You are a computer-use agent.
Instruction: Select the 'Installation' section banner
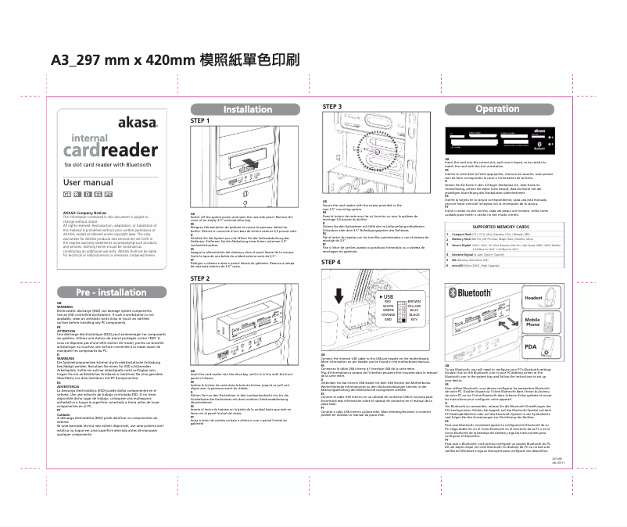pos(248,109)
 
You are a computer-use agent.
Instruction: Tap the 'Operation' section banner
pos(497,109)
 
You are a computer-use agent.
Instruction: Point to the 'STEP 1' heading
pos(201,121)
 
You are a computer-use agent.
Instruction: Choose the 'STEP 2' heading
pos(201,278)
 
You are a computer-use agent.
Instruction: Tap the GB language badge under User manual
pos(66,193)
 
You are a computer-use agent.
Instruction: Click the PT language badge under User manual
pos(108,193)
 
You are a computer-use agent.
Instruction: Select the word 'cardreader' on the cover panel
pos(110,150)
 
